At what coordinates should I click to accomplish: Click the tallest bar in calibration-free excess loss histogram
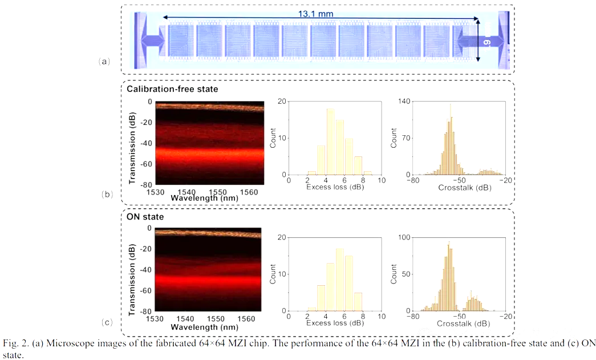coord(330,141)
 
